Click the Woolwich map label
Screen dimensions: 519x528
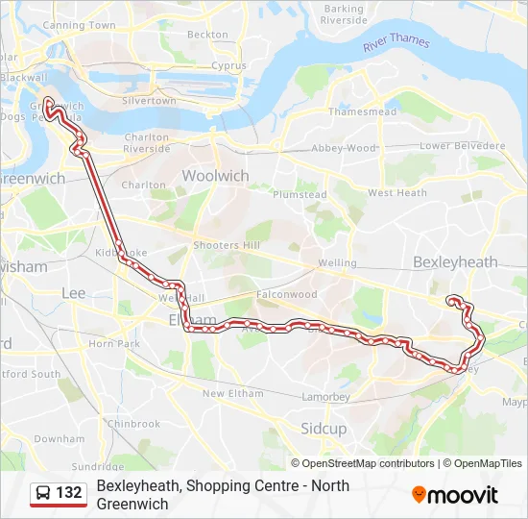(215, 176)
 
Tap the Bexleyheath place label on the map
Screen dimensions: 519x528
(455, 261)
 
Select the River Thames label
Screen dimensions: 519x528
(396, 42)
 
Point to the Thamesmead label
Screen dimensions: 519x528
(362, 111)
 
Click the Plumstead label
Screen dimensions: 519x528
(300, 194)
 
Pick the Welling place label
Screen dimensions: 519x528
(337, 262)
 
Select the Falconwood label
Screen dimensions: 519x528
(286, 294)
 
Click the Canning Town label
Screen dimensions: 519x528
(80, 25)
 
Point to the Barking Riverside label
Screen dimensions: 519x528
(345, 14)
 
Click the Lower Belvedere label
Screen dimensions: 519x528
(463, 145)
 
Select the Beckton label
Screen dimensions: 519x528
(208, 35)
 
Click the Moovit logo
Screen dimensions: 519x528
(455, 495)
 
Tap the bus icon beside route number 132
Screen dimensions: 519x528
(43, 493)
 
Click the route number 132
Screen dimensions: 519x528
(69, 493)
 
